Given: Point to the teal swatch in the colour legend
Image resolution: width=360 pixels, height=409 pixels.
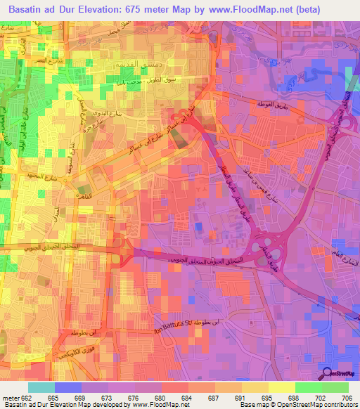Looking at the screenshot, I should (41, 387).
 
